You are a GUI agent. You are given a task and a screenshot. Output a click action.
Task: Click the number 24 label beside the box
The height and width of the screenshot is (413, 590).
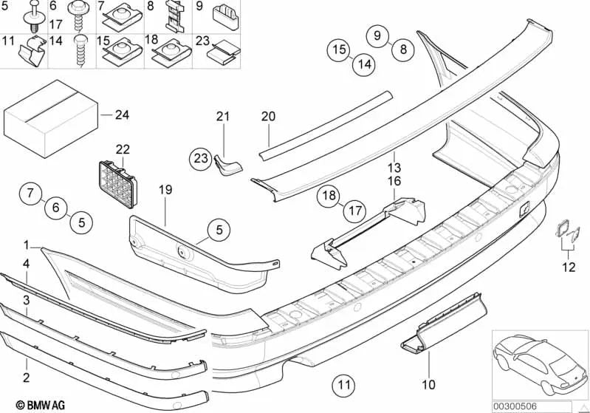coord(121,115)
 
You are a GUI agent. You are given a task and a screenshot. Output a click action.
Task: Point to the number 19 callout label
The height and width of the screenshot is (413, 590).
coord(165,190)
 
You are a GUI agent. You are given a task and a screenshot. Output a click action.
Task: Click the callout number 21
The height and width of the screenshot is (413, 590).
coord(223,115)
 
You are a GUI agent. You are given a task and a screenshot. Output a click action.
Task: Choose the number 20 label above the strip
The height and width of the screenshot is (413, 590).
coord(267,116)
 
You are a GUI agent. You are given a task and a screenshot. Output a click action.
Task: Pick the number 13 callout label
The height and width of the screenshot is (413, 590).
coord(396,167)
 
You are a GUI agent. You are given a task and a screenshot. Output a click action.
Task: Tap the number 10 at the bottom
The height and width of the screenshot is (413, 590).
coord(429,384)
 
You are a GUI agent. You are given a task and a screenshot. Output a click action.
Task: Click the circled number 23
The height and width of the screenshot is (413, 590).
coord(201,157)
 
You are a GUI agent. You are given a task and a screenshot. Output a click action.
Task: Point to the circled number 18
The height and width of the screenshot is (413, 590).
coord(329,196)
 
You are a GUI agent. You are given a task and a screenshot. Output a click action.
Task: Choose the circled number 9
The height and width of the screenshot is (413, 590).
coord(377,35)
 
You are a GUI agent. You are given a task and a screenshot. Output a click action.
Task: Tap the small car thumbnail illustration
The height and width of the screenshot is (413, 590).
coord(539,362)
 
